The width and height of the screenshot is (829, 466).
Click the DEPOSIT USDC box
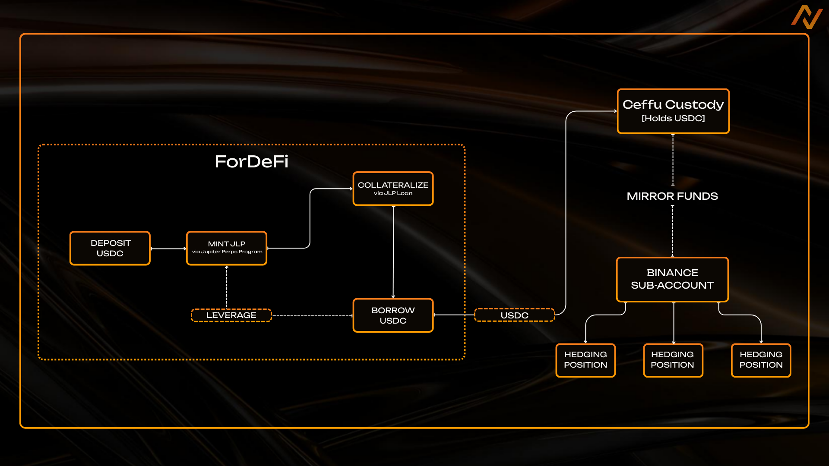[x=110, y=248]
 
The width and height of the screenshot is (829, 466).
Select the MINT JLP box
[x=227, y=248]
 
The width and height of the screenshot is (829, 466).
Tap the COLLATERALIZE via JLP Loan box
[x=393, y=189]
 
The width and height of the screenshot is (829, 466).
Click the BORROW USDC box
[x=393, y=315]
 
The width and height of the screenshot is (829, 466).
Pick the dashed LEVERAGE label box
[x=231, y=315]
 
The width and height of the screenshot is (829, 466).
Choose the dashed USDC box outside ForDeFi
[x=514, y=315]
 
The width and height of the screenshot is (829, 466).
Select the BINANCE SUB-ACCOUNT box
[x=672, y=279]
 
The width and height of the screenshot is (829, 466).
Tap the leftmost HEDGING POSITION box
[x=585, y=360]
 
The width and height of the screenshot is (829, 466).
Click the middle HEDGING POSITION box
[x=673, y=360]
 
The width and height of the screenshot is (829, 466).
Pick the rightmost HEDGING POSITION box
[x=761, y=360]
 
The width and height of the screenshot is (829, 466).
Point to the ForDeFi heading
[x=251, y=162]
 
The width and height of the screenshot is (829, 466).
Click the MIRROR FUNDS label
[x=672, y=196]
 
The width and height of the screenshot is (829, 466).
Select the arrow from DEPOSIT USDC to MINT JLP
[x=168, y=249]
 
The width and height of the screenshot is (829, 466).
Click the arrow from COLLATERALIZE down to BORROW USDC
[x=393, y=252]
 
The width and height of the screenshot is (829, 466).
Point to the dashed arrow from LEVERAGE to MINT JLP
[x=227, y=287]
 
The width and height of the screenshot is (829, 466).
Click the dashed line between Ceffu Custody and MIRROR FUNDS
[x=673, y=160]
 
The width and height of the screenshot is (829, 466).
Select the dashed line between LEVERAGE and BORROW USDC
[x=312, y=316]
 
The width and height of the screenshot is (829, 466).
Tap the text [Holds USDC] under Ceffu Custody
[x=673, y=119]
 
